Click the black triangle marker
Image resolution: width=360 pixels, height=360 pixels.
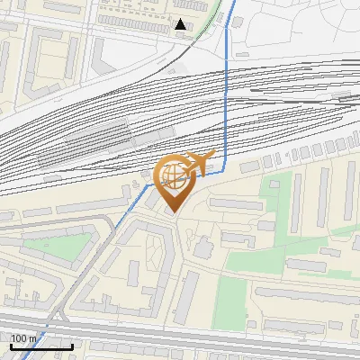point(181,24)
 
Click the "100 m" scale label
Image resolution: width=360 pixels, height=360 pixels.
point(24,337)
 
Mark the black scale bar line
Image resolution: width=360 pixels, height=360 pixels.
point(40,346)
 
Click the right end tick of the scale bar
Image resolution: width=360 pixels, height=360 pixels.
point(72,344)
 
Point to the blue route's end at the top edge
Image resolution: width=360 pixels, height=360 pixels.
point(237,3)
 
